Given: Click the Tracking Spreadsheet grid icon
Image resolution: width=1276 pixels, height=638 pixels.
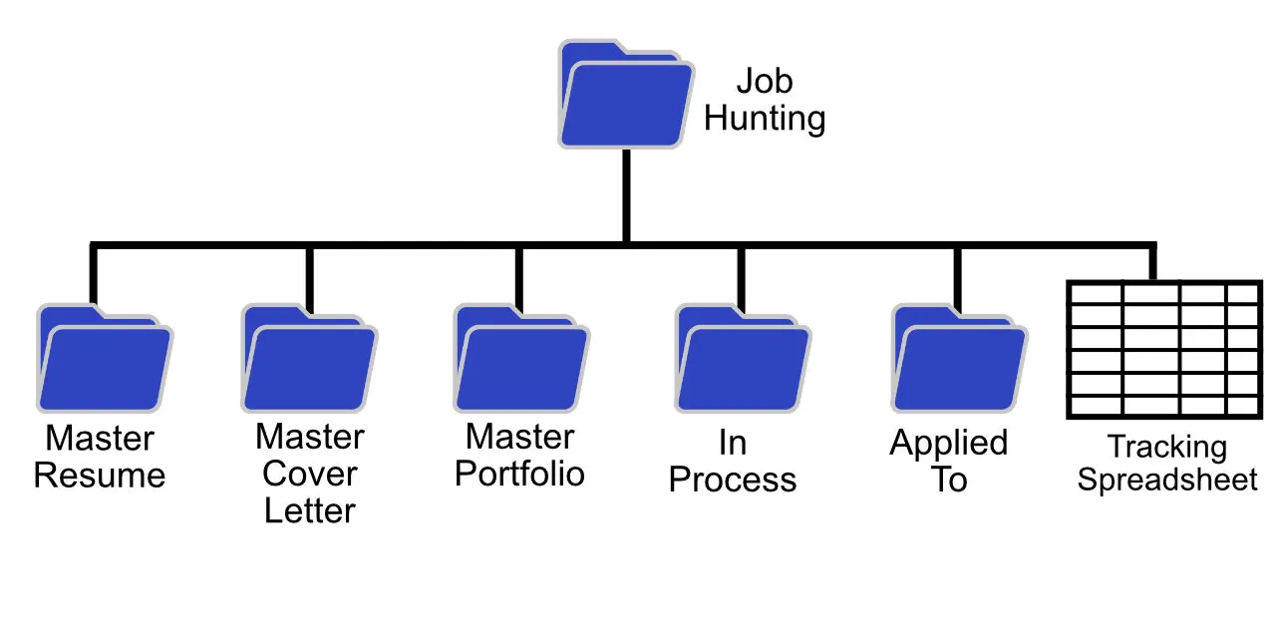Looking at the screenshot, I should click(x=1163, y=350).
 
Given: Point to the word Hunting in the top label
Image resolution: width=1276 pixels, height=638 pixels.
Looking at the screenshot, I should click(x=765, y=119).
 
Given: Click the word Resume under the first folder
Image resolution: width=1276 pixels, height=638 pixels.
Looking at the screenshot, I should click(x=100, y=476).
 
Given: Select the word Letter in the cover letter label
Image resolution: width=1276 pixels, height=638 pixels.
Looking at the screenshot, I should click(x=309, y=511).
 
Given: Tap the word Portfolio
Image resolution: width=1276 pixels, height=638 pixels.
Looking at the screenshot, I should click(x=519, y=474).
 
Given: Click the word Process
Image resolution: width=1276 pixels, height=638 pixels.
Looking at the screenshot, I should click(x=733, y=479).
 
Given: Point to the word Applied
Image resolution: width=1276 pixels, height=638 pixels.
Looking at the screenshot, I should click(x=949, y=443).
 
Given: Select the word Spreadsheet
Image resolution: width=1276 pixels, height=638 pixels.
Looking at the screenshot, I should click(x=1167, y=480).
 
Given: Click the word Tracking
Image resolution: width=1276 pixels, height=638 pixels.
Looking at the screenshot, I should click(x=1167, y=447).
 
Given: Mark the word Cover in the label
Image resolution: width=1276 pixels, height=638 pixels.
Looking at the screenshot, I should click(x=309, y=474).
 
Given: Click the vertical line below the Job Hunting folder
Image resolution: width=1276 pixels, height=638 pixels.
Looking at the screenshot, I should click(x=625, y=194).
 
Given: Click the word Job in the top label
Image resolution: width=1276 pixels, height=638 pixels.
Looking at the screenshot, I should click(x=765, y=81).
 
